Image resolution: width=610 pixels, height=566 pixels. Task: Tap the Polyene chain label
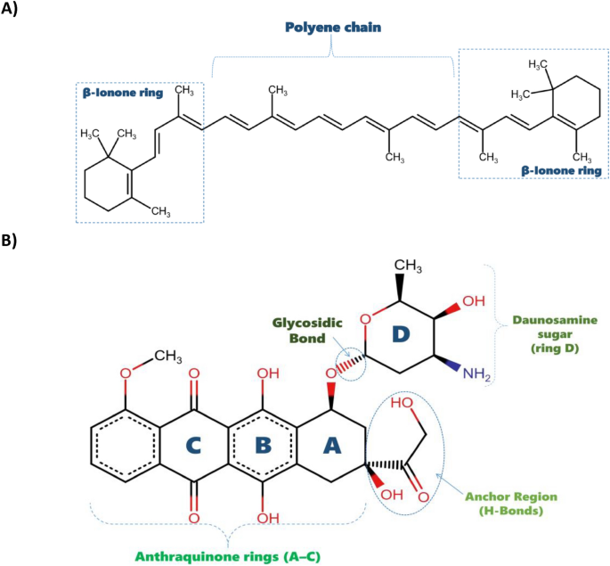coord(333,28)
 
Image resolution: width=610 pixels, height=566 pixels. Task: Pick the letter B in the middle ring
coord(264,443)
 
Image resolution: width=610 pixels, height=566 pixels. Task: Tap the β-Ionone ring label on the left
coord(119,90)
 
